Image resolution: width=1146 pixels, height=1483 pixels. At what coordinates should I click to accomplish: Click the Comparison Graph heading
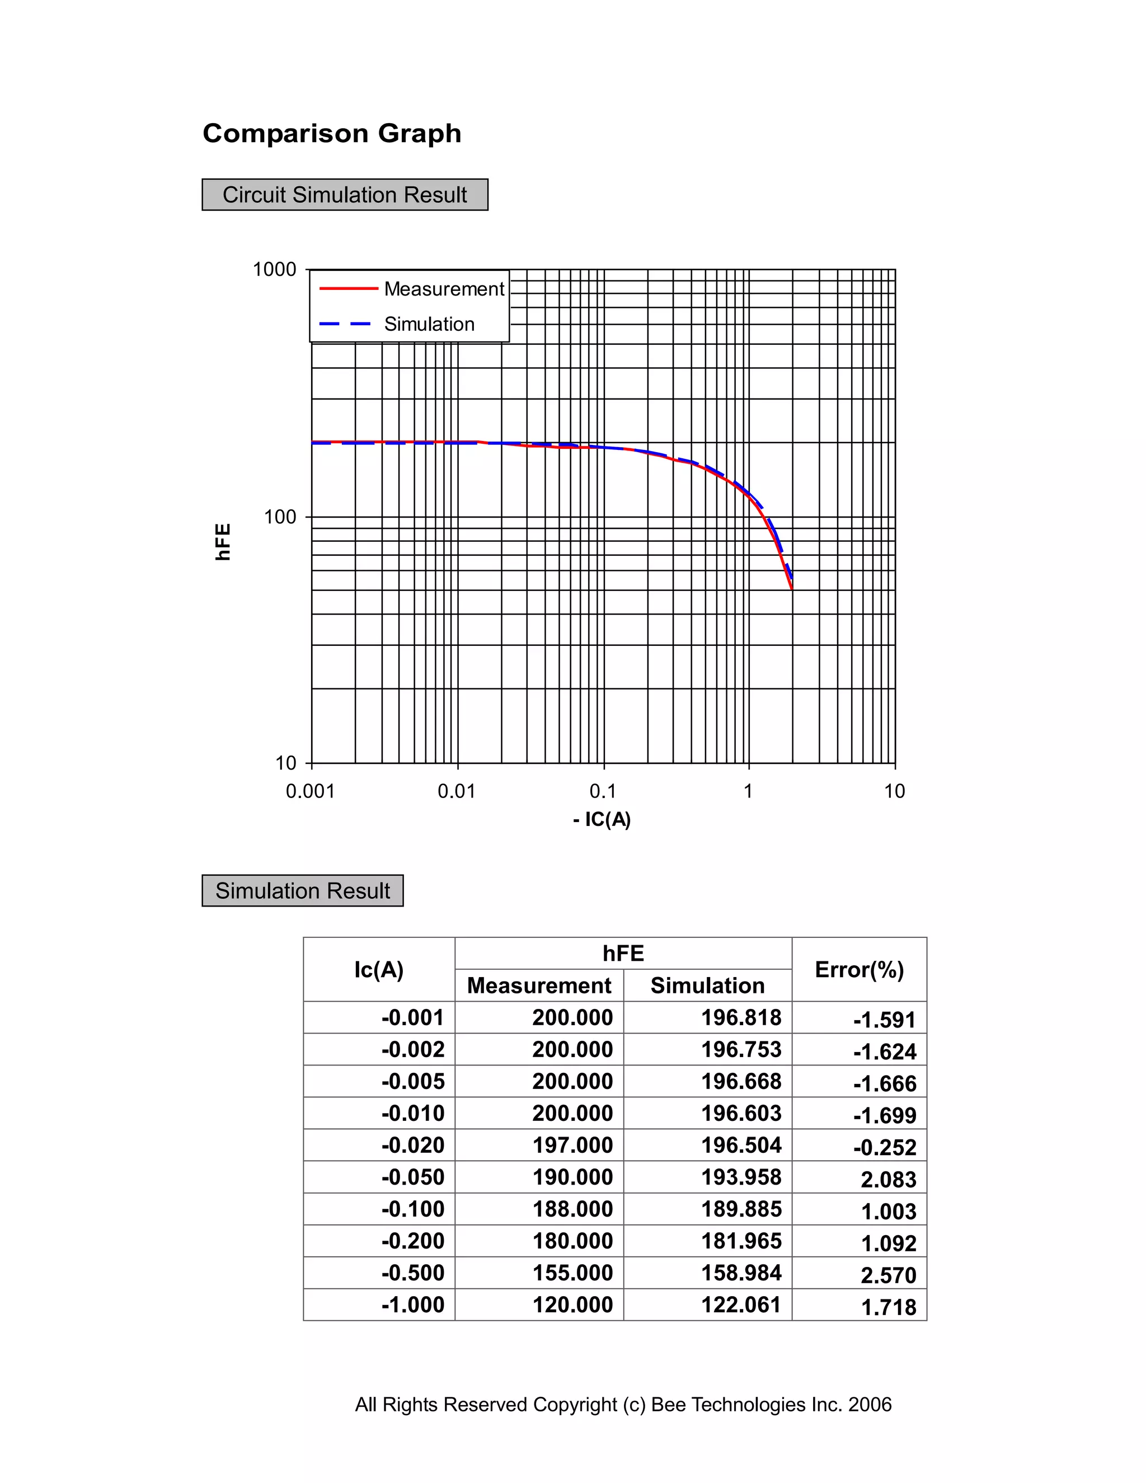tap(331, 133)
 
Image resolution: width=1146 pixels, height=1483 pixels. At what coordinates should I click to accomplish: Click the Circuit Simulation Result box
tap(344, 195)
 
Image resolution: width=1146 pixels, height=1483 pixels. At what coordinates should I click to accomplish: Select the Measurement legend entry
tap(443, 289)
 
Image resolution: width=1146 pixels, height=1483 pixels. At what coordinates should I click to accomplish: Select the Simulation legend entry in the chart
tap(429, 324)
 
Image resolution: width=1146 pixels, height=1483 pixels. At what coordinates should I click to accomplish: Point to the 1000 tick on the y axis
tap(274, 270)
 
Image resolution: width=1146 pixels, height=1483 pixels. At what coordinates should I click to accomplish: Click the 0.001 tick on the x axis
tap(310, 791)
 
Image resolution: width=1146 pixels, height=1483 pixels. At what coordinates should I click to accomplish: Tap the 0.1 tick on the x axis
tap(602, 791)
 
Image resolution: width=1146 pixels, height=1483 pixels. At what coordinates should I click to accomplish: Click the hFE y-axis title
tap(223, 541)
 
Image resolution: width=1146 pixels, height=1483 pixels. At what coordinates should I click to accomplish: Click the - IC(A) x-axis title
tap(602, 820)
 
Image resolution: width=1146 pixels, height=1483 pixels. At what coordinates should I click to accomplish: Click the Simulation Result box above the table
tap(302, 890)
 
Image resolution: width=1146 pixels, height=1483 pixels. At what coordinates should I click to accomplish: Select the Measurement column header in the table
tap(539, 985)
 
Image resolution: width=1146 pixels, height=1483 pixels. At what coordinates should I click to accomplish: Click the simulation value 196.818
tap(741, 1017)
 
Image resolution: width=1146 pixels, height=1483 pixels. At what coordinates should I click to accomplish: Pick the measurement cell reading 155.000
tap(572, 1273)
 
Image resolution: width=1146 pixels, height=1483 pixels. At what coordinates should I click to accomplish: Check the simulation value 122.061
tap(741, 1304)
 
